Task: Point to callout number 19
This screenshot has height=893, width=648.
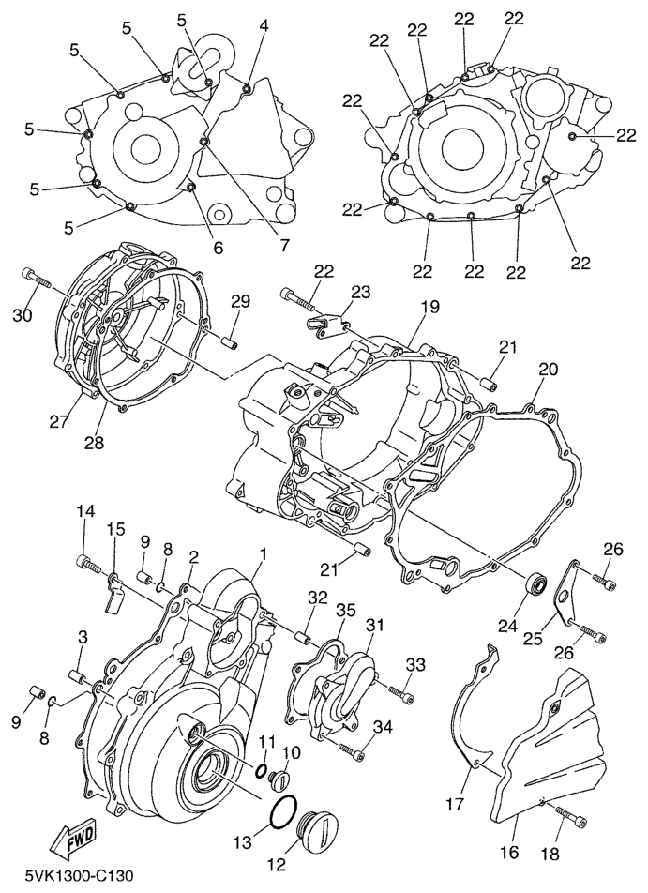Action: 430,307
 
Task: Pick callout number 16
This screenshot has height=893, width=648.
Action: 509,852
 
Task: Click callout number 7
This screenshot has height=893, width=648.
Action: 283,244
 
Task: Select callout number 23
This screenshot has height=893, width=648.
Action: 361,292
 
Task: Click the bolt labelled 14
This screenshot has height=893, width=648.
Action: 89,564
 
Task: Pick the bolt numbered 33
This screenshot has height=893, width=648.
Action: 401,693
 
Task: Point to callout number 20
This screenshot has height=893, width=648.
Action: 548,370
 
